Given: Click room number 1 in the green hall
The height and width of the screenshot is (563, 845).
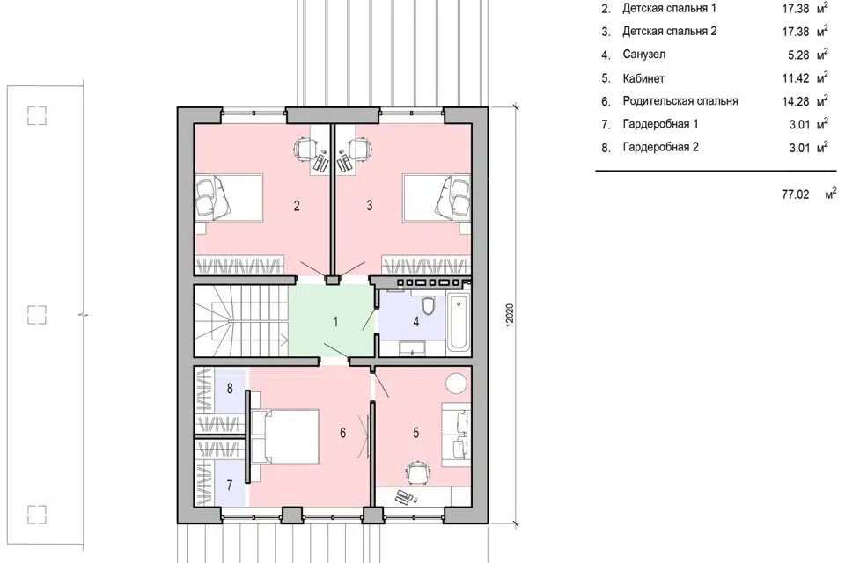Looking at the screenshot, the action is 335,322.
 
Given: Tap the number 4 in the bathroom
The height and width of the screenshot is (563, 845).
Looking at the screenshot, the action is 416,322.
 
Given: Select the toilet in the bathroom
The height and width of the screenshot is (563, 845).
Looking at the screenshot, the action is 429,305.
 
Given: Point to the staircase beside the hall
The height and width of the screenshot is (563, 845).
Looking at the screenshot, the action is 241,320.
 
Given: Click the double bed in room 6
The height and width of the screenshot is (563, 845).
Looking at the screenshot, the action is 284,436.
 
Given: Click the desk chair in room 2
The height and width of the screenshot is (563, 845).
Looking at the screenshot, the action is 305,149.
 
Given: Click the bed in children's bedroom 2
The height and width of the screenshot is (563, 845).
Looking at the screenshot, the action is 229,198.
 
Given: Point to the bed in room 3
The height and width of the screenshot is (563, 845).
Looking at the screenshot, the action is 437,198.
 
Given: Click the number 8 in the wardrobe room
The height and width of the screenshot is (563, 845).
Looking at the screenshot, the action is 230,388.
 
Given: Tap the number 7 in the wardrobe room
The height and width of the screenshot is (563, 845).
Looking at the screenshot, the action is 230,485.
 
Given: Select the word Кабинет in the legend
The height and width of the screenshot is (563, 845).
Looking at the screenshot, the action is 643,78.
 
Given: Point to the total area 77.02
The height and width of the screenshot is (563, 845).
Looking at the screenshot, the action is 796,194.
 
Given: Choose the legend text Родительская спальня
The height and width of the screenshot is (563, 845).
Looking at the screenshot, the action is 680,101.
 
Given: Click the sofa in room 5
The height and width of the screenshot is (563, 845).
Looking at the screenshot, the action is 456,435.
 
